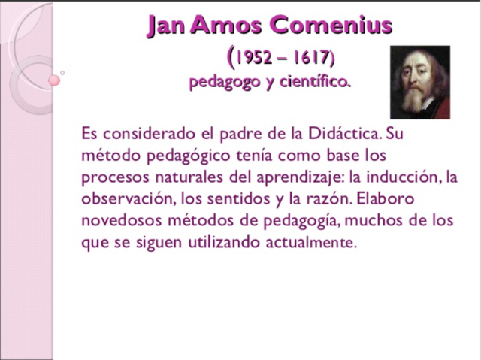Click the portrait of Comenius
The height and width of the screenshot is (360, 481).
(420, 81)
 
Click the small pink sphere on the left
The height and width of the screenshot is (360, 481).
(54, 80)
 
